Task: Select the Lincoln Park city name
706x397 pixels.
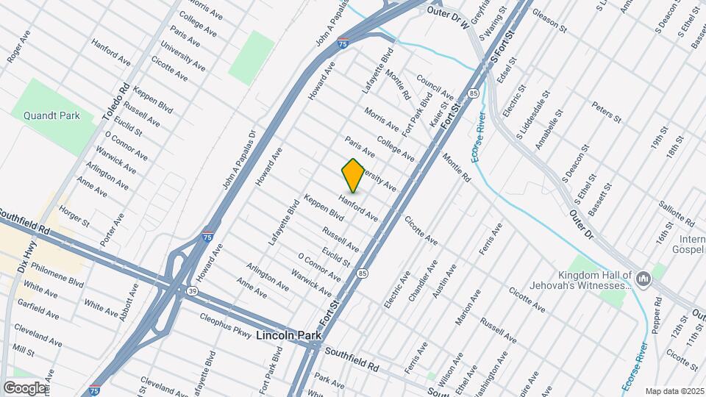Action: (x=289, y=335)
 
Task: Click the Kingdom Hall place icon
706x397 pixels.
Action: (x=643, y=278)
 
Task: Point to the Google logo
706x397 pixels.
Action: (x=24, y=387)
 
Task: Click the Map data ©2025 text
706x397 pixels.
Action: (x=674, y=391)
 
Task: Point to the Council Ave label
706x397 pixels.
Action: (x=435, y=87)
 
